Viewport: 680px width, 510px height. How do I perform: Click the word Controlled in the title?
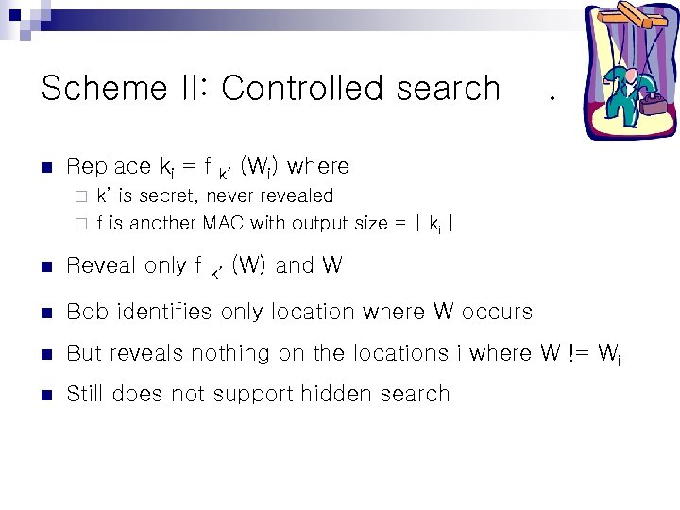pyautogui.click(x=301, y=89)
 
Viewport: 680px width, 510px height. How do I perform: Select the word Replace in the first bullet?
pyautogui.click(x=109, y=167)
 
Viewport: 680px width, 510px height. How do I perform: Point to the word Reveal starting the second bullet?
pyautogui.click(x=101, y=266)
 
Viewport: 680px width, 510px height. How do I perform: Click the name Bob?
pyautogui.click(x=85, y=312)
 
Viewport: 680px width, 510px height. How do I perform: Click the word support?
pyautogui.click(x=246, y=395)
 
